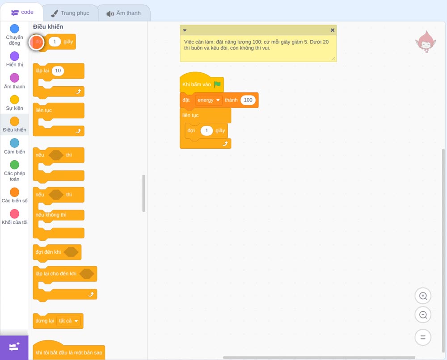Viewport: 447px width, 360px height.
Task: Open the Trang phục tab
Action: tap(71, 13)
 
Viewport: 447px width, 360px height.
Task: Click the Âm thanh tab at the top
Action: tap(124, 13)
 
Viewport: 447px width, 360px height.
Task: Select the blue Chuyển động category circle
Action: tap(15, 29)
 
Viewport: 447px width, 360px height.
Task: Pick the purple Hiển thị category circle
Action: tap(15, 56)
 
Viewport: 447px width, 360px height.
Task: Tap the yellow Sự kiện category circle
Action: tap(15, 100)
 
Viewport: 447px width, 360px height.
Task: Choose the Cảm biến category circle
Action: tap(15, 143)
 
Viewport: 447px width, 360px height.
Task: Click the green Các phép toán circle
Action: tap(15, 165)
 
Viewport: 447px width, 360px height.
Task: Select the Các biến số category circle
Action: tap(15, 192)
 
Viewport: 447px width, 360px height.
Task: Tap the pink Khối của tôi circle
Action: tap(15, 214)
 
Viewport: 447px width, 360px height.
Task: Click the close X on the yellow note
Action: tap(333, 30)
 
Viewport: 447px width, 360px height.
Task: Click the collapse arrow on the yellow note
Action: tap(185, 30)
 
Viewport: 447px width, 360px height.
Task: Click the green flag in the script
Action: tap(217, 84)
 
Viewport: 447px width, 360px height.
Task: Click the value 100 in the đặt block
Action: tap(248, 100)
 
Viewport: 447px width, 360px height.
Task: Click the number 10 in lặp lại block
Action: tap(58, 71)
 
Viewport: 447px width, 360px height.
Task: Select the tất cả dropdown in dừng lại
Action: tap(68, 321)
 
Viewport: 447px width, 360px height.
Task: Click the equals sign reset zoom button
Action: tap(423, 337)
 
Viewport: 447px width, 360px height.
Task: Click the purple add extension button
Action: tap(14, 347)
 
